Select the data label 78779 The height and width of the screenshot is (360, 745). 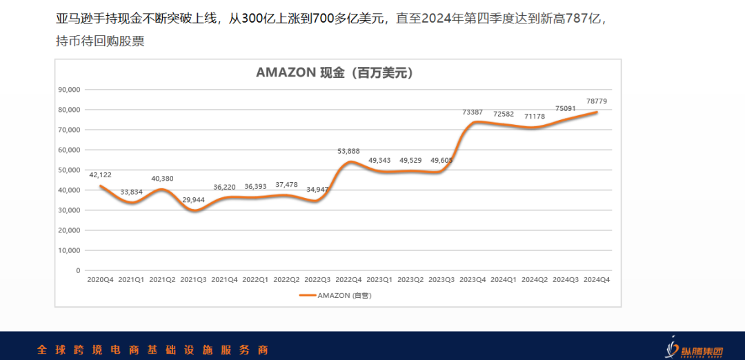point(596,101)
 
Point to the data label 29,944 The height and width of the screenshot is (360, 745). point(193,200)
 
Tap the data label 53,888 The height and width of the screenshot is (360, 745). point(348,151)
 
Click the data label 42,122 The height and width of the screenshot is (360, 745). point(100,174)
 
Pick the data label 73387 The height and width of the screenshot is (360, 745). point(473,112)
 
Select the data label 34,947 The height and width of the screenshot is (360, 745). point(317,189)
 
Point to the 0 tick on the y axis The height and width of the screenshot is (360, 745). point(77,270)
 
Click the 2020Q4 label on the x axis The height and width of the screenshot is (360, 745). point(100,280)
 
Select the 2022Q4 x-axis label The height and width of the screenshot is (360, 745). point(348,280)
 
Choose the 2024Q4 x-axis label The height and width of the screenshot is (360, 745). point(597,280)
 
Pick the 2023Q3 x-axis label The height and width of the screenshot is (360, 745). point(441,280)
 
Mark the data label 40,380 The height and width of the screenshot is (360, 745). point(162,179)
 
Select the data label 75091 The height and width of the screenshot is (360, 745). point(565,108)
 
